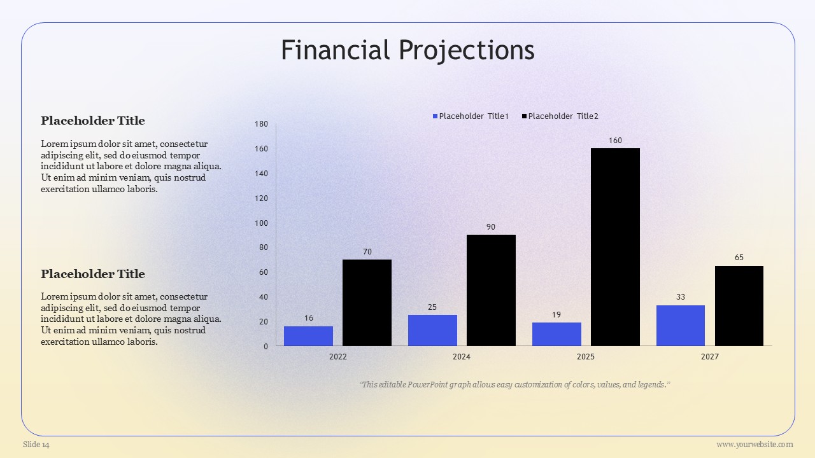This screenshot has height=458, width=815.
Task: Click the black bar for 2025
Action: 615,247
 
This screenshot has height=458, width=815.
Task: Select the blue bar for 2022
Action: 309,336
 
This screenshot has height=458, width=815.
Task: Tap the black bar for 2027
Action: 739,306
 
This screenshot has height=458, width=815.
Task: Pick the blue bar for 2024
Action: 432,330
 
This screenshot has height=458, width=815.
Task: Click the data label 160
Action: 615,141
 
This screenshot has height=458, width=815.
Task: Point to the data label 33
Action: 681,297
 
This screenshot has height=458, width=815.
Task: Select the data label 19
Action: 556,315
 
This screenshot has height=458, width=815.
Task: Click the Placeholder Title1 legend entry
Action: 471,116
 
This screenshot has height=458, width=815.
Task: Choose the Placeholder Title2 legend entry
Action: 560,116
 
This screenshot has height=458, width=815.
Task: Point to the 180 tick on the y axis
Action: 261,124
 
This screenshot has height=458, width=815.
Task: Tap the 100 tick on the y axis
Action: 261,223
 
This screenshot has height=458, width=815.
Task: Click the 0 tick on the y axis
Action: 266,347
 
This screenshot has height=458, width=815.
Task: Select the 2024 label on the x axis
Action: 462,357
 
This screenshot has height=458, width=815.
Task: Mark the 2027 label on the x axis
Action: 710,357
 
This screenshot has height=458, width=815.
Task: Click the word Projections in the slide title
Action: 467,50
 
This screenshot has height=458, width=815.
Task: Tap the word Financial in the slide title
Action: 335,50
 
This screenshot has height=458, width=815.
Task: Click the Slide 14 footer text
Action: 36,445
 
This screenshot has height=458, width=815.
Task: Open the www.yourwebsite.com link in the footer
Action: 755,445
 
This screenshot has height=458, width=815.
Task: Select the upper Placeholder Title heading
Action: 93,121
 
